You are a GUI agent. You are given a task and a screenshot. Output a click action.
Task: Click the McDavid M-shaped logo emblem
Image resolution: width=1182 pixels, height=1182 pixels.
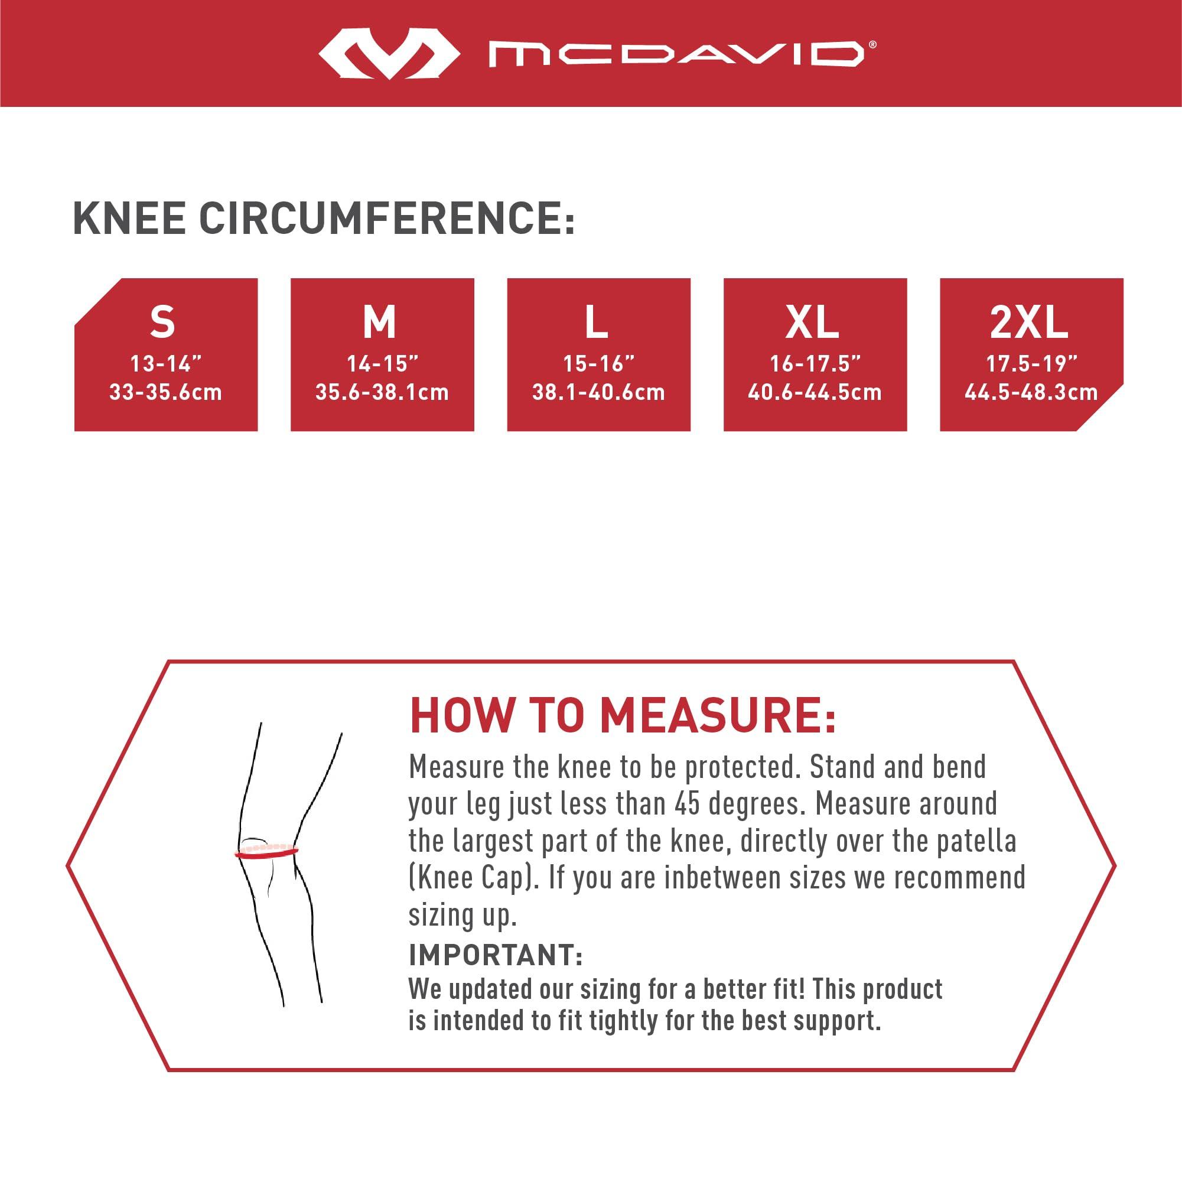[x=389, y=54]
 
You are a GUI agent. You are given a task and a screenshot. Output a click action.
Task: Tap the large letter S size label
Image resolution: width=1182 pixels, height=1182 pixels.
[x=163, y=321]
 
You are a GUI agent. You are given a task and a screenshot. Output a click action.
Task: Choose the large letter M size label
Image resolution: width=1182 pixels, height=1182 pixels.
[x=379, y=321]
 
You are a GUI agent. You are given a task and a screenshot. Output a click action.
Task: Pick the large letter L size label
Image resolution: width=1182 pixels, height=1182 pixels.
[x=597, y=321]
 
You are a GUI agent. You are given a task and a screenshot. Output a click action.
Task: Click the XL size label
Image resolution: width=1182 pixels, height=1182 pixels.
[x=812, y=321]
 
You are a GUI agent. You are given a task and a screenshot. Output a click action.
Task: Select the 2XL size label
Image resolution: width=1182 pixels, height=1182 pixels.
[x=1029, y=321]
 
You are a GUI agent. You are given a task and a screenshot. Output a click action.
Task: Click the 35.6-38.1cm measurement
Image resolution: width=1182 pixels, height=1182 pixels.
[x=382, y=392]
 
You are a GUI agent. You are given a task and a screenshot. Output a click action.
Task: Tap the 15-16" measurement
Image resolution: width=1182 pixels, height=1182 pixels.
[x=598, y=364]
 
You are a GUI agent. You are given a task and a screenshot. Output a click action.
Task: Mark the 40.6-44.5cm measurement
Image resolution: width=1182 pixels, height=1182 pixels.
[x=815, y=392]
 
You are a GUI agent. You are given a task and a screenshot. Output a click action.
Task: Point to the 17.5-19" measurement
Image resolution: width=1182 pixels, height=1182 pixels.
[x=1031, y=364]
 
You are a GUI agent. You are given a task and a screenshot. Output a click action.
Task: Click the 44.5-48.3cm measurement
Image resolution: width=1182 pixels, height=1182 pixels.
[x=1031, y=392]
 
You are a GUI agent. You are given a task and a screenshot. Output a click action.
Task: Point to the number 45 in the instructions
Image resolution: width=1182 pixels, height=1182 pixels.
[x=688, y=803]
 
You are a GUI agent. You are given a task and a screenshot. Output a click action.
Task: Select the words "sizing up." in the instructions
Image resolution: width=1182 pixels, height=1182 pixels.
[x=463, y=916]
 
